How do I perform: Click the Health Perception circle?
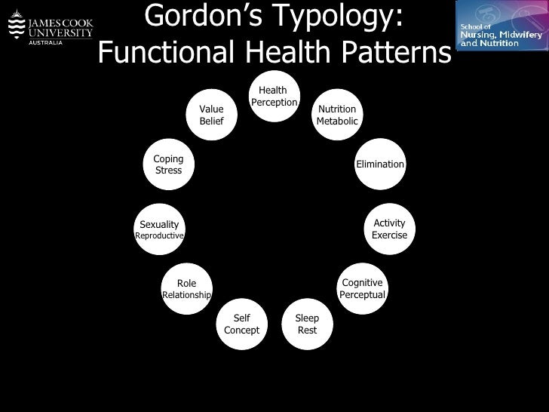pos(273,97)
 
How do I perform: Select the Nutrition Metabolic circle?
pos(336,115)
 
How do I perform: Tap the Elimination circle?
pos(380,164)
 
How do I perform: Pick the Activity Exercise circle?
pos(389,229)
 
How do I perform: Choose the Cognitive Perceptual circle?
pos(362,288)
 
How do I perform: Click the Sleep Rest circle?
pos(307,324)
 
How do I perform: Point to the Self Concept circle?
pos(241,324)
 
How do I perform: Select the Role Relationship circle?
pos(186,289)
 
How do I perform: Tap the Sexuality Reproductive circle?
pos(159,229)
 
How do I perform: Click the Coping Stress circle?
pos(168,164)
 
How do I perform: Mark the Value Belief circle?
pos(211,115)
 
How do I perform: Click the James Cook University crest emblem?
pos(14,28)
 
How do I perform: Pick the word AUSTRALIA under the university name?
pos(45,42)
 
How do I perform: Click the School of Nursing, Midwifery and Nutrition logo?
pos(499,28)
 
